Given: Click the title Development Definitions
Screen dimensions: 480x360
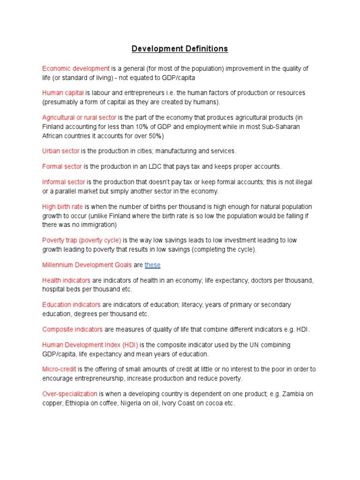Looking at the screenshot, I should [x=180, y=49].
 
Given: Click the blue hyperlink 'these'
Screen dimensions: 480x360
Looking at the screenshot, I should [x=152, y=265].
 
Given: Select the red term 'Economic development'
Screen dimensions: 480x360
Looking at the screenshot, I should [x=76, y=68].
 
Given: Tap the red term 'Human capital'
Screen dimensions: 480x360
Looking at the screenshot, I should [x=63, y=93].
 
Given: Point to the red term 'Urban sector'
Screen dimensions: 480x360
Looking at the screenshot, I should [x=61, y=151].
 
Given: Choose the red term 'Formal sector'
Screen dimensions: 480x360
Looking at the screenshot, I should [x=62, y=166].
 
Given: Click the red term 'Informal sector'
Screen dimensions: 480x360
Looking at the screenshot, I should [x=64, y=182].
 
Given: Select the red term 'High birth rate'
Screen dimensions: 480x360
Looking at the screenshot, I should [x=62, y=207].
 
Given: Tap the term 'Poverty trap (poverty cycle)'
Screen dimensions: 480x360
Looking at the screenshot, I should [x=82, y=240].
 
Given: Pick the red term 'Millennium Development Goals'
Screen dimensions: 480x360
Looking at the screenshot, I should [x=87, y=265].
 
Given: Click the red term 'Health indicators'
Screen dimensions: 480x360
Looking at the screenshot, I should [x=66, y=280].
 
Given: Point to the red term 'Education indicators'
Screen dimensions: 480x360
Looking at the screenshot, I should [x=71, y=305].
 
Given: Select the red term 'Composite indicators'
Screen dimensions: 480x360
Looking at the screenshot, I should [x=72, y=330].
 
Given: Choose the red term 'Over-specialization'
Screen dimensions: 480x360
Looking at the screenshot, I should [x=70, y=394].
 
